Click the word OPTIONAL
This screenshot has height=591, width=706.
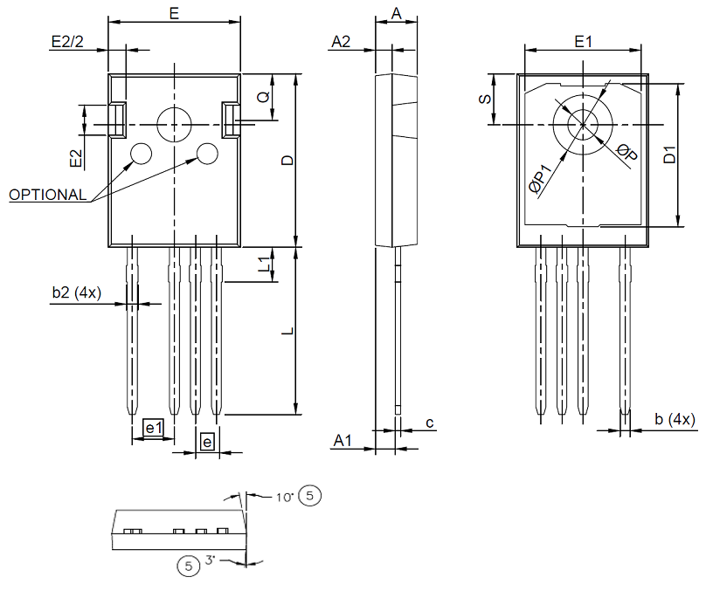click(48, 195)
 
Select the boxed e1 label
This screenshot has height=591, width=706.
click(154, 428)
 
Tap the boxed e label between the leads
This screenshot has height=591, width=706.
click(207, 443)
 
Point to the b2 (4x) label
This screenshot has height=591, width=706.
click(77, 293)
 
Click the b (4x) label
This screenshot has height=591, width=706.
click(675, 420)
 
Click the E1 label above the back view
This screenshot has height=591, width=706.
click(583, 41)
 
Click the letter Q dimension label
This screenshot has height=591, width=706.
click(263, 98)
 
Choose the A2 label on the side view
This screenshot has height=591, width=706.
click(341, 41)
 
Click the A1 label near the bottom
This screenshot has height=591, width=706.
click(342, 443)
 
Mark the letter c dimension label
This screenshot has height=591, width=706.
click(429, 423)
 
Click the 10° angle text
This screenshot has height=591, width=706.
click(283, 498)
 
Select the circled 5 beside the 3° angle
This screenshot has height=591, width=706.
click(188, 566)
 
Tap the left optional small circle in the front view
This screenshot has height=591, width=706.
click(140, 155)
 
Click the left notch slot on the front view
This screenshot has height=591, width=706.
click(117, 120)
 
